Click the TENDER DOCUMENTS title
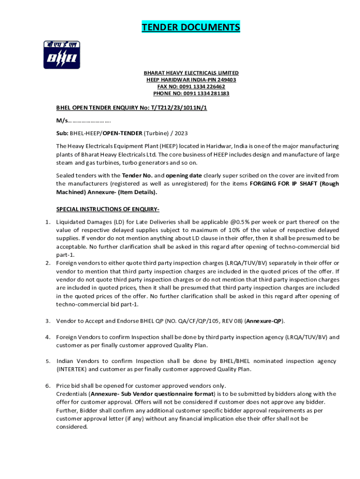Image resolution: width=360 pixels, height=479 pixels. point(191,28)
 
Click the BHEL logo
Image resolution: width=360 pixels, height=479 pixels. point(62,55)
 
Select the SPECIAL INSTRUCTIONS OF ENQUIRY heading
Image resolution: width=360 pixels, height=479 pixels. point(108,209)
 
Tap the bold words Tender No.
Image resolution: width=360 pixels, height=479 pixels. point(136,175)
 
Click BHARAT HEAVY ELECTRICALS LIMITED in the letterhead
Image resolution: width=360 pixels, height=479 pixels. point(191,73)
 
